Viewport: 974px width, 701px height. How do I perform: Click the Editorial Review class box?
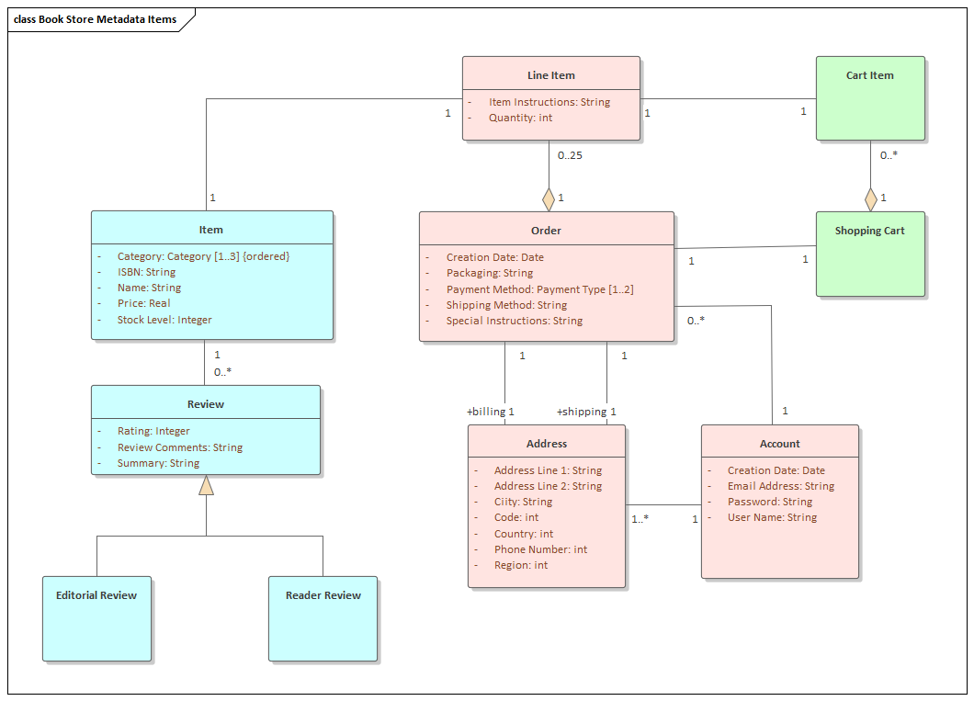click(x=96, y=618)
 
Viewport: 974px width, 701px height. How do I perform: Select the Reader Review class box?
click(x=323, y=618)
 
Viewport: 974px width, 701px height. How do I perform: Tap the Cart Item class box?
click(x=870, y=98)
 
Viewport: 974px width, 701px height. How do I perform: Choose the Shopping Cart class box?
click(x=870, y=254)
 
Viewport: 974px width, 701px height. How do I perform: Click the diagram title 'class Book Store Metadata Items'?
click(x=96, y=19)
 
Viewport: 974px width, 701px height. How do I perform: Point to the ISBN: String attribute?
click(x=146, y=272)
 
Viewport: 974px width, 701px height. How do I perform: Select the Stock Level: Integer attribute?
click(x=164, y=320)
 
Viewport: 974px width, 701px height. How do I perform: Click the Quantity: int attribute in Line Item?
click(x=520, y=118)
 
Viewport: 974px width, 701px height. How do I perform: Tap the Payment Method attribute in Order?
click(x=539, y=289)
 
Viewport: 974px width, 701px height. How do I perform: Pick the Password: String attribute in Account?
click(x=770, y=502)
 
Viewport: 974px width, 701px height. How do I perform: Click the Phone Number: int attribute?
click(x=540, y=549)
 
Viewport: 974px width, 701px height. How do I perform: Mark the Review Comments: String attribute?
click(x=180, y=447)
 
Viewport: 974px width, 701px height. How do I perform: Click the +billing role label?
click(x=486, y=412)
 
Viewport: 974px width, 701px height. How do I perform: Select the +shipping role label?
click(x=582, y=412)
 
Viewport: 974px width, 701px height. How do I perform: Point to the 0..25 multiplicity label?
click(x=570, y=155)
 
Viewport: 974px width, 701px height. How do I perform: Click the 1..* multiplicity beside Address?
click(x=640, y=519)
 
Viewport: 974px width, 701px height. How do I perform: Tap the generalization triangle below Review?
click(x=206, y=485)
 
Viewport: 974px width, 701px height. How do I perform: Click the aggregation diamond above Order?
click(x=549, y=198)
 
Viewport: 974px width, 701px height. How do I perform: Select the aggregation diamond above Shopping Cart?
click(x=870, y=198)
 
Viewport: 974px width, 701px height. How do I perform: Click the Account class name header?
click(x=779, y=444)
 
